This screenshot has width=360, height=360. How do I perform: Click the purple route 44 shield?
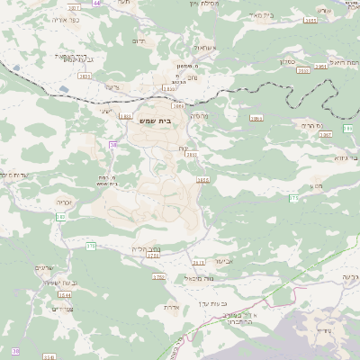click(97, 4)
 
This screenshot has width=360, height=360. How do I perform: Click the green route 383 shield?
click(62, 217)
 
